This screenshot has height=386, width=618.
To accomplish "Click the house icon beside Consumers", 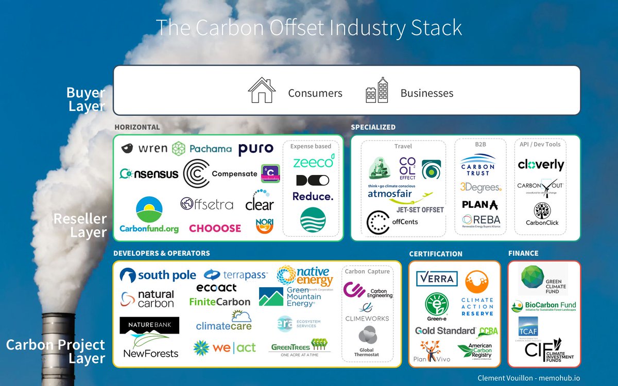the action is tap(262, 91).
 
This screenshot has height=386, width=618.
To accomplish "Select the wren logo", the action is tap(145, 149).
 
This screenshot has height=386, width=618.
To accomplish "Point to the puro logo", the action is tap(255, 149).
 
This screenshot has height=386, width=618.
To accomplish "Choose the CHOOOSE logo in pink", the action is tap(215, 228).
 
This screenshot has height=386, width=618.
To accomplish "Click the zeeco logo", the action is tap(313, 162).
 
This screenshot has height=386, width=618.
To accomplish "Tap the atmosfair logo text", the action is tap(392, 194).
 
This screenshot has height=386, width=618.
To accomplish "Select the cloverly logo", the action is tap(541, 165).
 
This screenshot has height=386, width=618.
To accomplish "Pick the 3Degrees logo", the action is tap(480, 187).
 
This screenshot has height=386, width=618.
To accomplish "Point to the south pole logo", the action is tap(158, 275).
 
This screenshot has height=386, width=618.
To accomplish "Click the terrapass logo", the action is tap(235, 275).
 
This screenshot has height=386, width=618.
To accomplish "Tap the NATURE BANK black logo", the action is tap(149, 325).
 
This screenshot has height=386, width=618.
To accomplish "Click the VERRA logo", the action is tap(436, 279).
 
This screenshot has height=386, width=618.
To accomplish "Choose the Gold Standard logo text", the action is tap(445, 330).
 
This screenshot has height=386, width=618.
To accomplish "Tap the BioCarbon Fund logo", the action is tap(544, 306).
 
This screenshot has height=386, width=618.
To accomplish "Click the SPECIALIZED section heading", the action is tap(373, 127).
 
